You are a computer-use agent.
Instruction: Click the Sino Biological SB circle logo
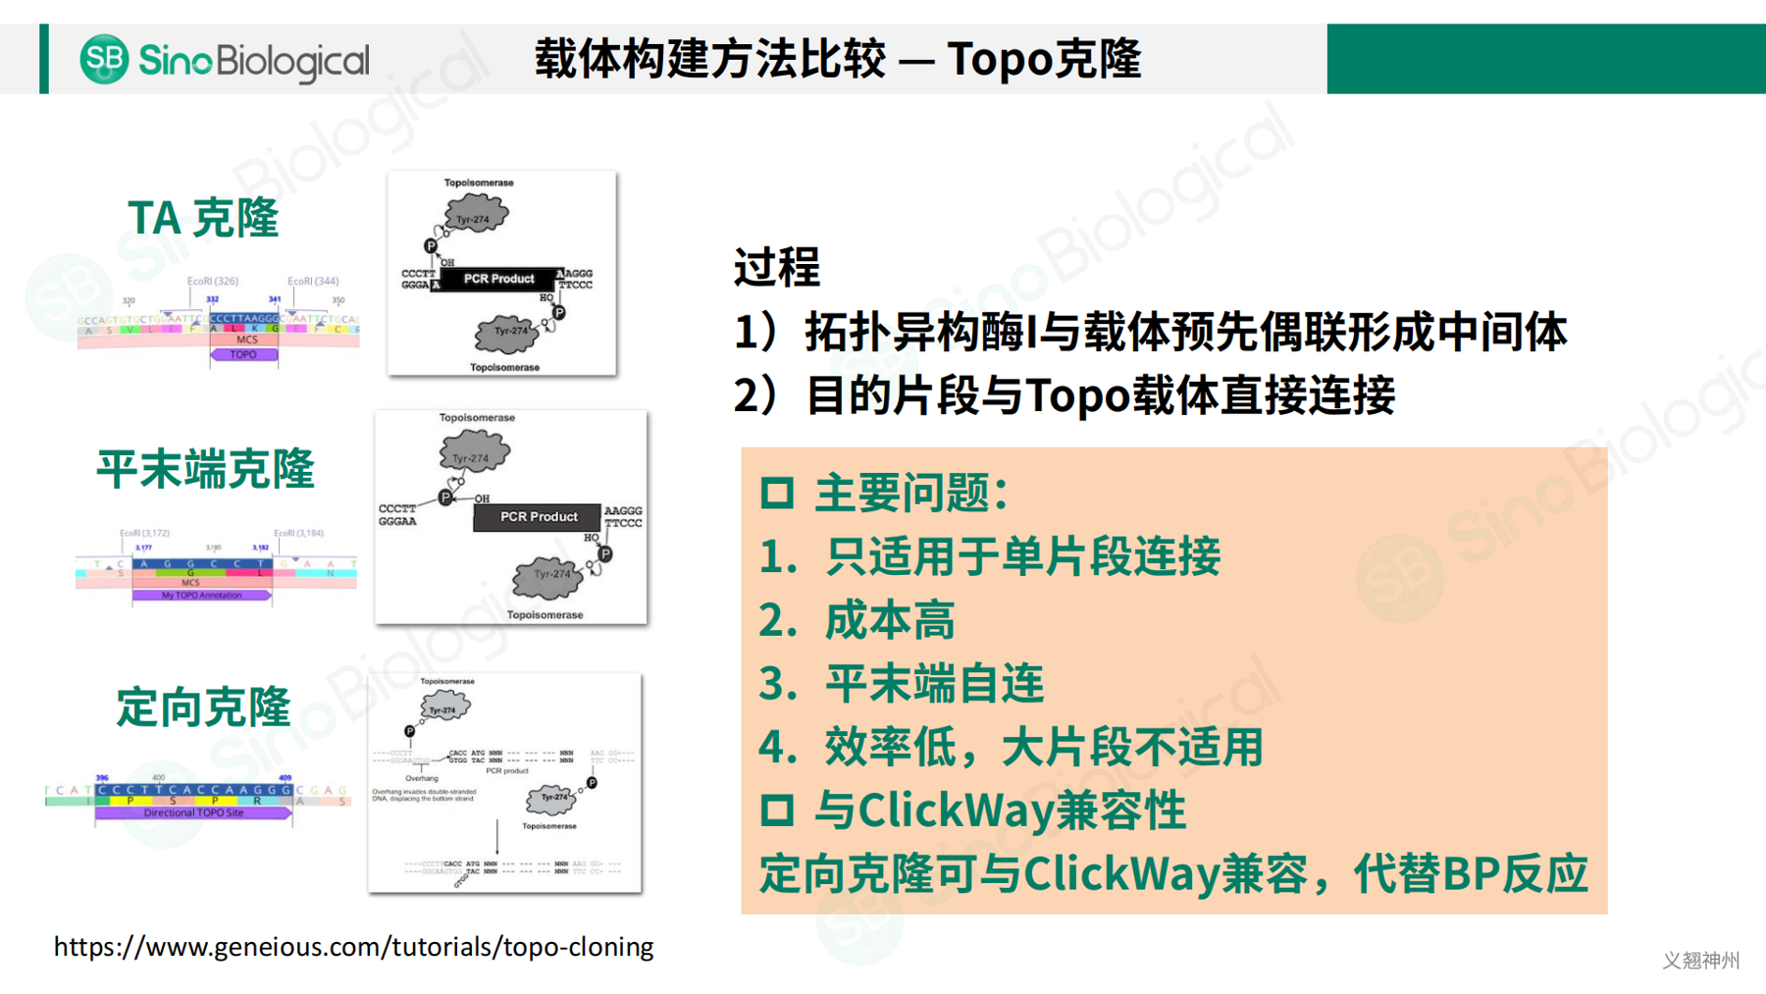[104, 59]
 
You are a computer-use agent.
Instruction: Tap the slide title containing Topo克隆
[837, 59]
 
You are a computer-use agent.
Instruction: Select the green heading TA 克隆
[203, 218]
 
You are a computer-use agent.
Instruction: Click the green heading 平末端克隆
[205, 469]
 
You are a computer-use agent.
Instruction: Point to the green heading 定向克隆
[203, 707]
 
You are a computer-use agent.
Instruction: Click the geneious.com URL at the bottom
[353, 947]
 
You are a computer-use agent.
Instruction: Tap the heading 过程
[776, 267]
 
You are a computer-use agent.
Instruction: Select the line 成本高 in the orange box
[889, 621]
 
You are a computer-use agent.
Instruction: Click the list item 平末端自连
[933, 684]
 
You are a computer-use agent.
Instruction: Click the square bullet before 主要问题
[776, 493]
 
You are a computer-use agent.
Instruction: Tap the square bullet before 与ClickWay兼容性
[776, 811]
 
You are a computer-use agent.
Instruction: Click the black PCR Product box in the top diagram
[499, 279]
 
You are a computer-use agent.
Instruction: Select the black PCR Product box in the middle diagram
[538, 516]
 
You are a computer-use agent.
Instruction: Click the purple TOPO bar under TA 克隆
[243, 355]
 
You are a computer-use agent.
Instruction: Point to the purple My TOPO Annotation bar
[201, 595]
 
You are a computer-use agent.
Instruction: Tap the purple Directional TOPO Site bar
[193, 812]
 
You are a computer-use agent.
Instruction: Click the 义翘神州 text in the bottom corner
[1700, 961]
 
